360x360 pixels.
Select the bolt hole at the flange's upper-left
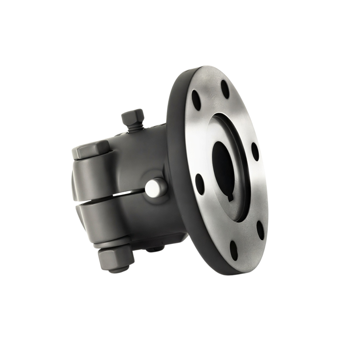coord(196,96)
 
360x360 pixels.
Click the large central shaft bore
coord(225,167)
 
